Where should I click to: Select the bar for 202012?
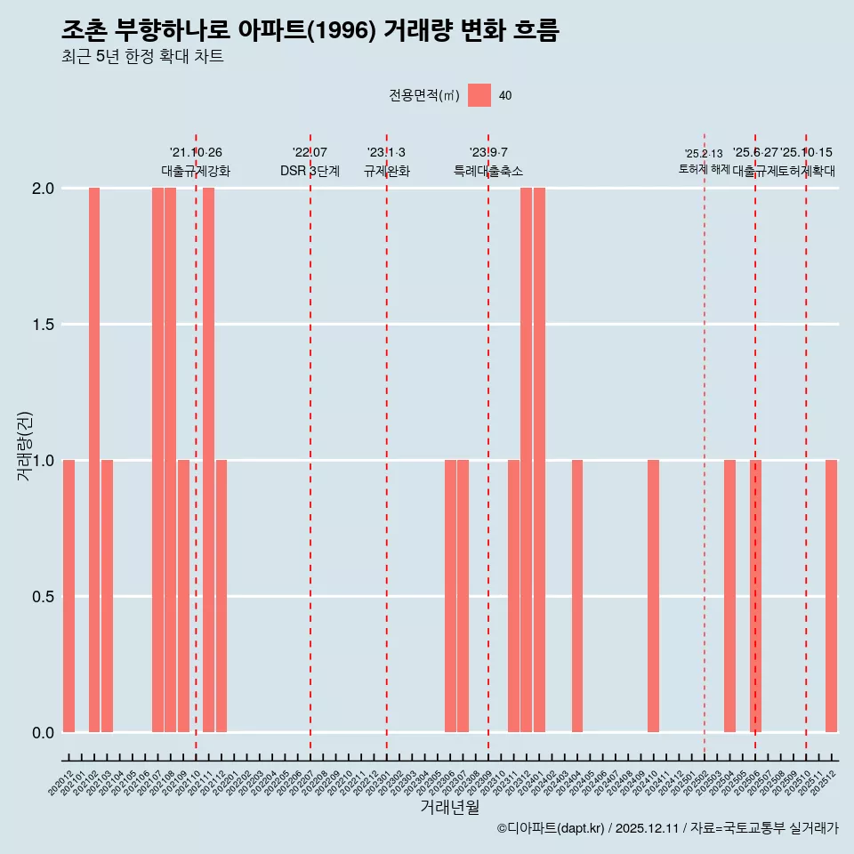pyautogui.click(x=68, y=596)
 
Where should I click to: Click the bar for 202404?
pyautogui.click(x=577, y=596)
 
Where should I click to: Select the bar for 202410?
pyautogui.click(x=653, y=596)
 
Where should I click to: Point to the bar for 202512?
pyautogui.click(x=831, y=596)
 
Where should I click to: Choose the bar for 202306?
pyautogui.click(x=450, y=596)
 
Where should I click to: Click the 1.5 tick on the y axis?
pyautogui.click(x=42, y=325)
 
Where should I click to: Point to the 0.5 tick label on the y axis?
pyautogui.click(x=42, y=596)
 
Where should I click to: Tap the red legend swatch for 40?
pyautogui.click(x=479, y=95)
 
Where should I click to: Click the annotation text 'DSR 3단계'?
pyautogui.click(x=310, y=171)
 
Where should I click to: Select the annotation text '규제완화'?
pyautogui.click(x=387, y=171)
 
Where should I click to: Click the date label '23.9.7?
pyautogui.click(x=488, y=153)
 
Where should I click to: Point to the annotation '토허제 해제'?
pyautogui.click(x=704, y=169)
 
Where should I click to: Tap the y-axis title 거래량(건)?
pyautogui.click(x=25, y=447)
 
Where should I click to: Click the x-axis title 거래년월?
pyautogui.click(x=449, y=807)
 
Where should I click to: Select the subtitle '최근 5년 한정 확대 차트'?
pyautogui.click(x=142, y=57)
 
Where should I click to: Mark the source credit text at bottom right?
pyautogui.click(x=667, y=828)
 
